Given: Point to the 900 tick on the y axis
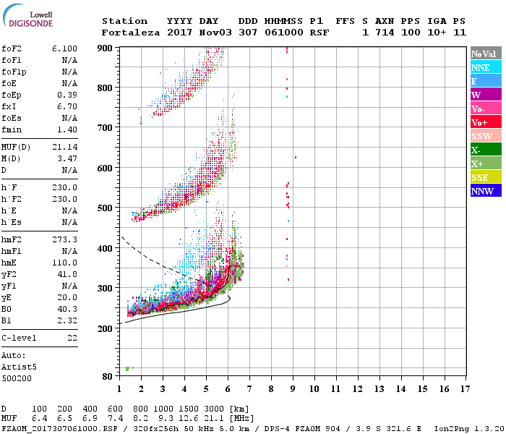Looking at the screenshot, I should (x=106, y=48).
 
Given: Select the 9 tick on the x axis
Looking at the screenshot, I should (x=293, y=389).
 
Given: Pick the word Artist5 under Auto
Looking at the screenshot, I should (x=19, y=367).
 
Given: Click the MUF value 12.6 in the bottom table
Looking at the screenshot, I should (x=189, y=418).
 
